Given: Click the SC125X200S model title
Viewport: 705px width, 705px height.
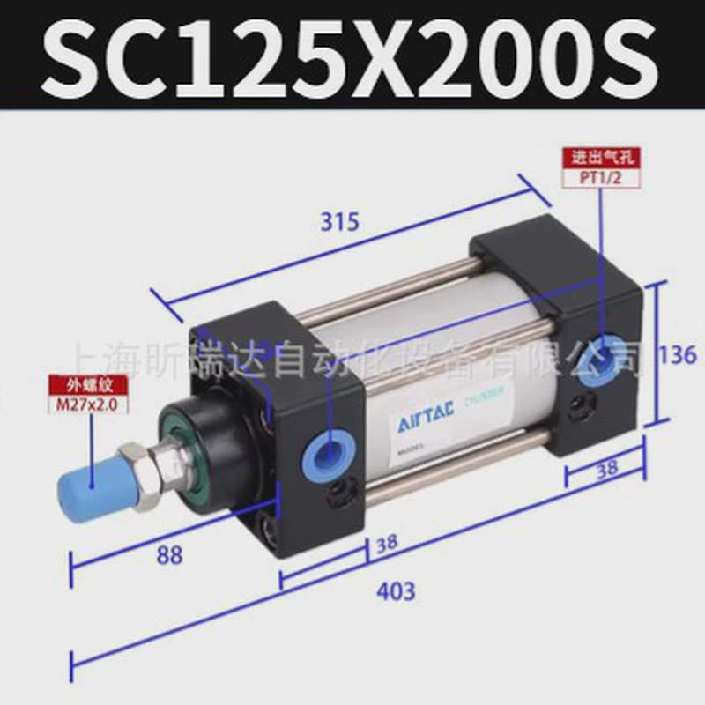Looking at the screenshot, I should pos(352,55).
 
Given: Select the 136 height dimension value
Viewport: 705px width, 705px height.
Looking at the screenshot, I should pos(679,355).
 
